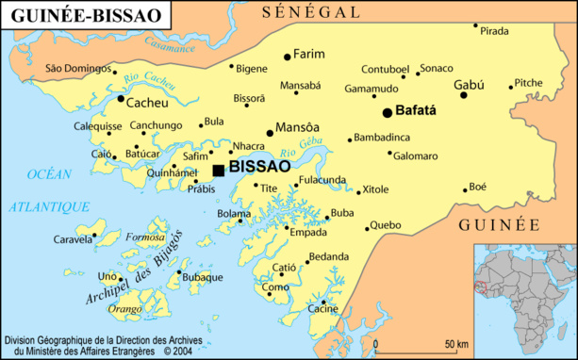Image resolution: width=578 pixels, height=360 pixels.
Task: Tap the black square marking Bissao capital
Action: [x=219, y=170]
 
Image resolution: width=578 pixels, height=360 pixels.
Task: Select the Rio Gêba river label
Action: [x=303, y=148]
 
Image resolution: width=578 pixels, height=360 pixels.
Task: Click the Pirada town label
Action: [x=494, y=31]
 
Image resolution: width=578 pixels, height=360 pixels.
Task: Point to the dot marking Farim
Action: [x=287, y=57]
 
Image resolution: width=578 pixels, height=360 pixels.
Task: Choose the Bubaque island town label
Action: [x=203, y=277]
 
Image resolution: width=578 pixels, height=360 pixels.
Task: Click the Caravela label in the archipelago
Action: [x=73, y=239]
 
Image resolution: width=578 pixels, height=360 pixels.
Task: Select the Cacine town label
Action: [x=322, y=308]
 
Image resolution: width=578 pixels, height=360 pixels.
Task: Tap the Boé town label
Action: [x=478, y=187]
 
